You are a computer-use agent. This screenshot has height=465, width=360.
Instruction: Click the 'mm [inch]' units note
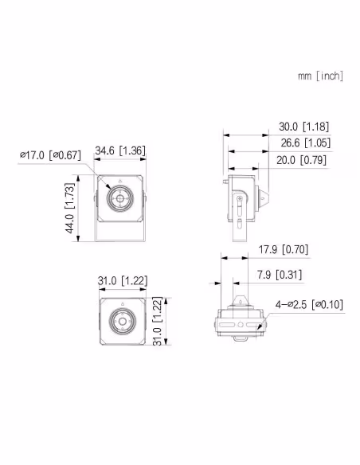coord(320,76)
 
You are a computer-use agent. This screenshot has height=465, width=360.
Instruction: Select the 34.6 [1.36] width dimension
coord(120,150)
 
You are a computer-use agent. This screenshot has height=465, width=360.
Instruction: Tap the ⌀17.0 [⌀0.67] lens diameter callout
coord(50,154)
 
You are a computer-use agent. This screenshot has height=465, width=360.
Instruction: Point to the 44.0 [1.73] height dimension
coord(70,208)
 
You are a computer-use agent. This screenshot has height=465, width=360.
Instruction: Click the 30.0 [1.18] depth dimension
coord(304,127)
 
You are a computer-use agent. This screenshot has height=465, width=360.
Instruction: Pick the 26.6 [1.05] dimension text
coord(305,143)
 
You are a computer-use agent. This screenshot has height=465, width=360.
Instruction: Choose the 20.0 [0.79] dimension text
coord(301,160)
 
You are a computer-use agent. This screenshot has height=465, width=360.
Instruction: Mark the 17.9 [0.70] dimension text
coord(284,249)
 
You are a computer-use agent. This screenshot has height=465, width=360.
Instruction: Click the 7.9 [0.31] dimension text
coord(280,275)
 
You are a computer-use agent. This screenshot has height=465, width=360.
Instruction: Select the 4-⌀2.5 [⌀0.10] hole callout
coord(309,305)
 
